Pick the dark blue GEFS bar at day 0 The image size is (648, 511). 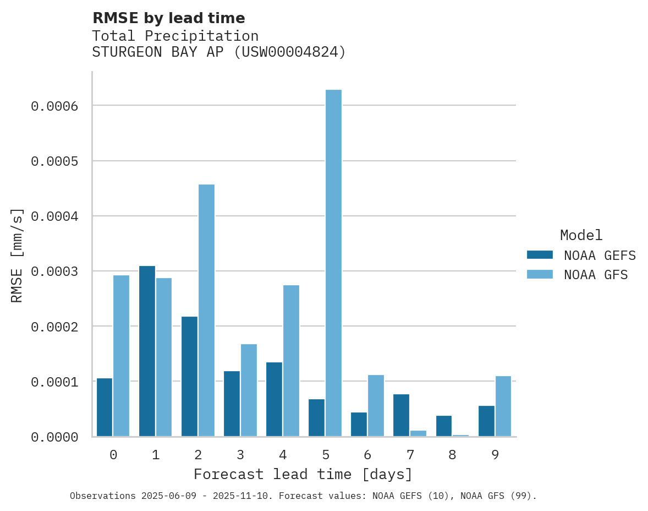point(105,407)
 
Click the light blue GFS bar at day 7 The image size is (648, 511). point(418,433)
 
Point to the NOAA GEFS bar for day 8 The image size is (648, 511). point(444,426)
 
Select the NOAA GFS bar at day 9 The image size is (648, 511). point(503,406)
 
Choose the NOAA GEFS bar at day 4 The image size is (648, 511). point(274,399)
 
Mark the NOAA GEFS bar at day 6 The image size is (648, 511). point(359,424)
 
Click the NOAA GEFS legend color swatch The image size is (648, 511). point(540,255)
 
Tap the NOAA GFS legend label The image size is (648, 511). point(595,275)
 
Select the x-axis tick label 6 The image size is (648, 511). point(367,455)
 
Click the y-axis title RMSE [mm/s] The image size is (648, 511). point(17,255)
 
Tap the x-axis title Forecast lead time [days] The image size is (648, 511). point(303,474)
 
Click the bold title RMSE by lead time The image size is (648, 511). point(168,18)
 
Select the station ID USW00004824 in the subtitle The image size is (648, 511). point(290,52)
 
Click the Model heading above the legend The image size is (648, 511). point(581,235)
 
